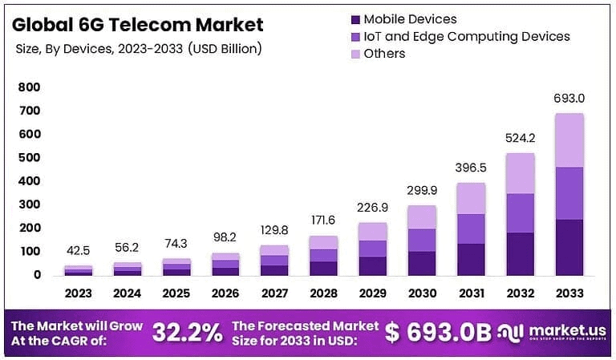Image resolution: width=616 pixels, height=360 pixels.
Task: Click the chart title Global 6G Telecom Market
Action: pos(137,23)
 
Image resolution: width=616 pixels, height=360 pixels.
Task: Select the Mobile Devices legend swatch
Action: pos(354,18)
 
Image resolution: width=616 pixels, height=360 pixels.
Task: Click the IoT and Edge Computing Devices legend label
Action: pos(466,36)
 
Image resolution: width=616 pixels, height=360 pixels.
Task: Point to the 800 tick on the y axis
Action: pos(30,87)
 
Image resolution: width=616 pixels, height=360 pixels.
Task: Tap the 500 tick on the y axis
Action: pos(30,157)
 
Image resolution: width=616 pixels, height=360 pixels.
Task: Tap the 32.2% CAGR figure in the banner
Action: pos(188,332)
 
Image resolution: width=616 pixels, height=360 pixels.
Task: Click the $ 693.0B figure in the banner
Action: pos(437,332)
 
